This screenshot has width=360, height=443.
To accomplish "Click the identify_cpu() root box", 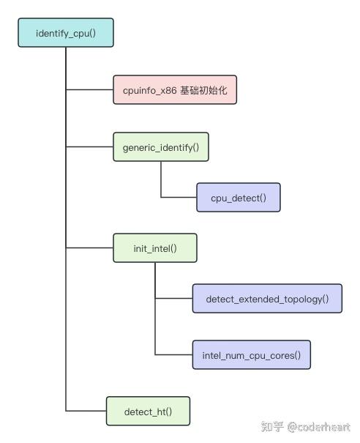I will pos(66,33).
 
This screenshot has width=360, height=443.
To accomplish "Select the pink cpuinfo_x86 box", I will pos(175,89).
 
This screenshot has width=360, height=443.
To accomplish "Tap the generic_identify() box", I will pos(161,146).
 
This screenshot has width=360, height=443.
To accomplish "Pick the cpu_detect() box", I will pos(239,198).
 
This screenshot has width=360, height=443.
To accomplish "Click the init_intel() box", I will pos(155,248).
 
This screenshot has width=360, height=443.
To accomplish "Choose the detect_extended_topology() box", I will pos(267,299).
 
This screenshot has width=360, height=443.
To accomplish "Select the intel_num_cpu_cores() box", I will pos(251,355).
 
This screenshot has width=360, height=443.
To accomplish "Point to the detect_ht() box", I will pos(149,411).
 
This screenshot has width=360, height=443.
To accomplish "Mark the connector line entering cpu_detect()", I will pos(179,198).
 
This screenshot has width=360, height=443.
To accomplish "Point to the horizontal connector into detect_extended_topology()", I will pos(173,299).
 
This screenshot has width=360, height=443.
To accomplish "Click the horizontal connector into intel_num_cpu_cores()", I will pos(173,355).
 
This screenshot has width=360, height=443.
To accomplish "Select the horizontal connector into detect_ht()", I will pos(86,411).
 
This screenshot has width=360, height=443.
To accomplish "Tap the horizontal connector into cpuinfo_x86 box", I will pos(89,89).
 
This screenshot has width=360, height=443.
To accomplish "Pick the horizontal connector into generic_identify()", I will pos(89,146).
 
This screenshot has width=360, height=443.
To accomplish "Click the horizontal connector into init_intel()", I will pos(89,248).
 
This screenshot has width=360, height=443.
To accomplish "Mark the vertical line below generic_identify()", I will pos(161,179).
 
